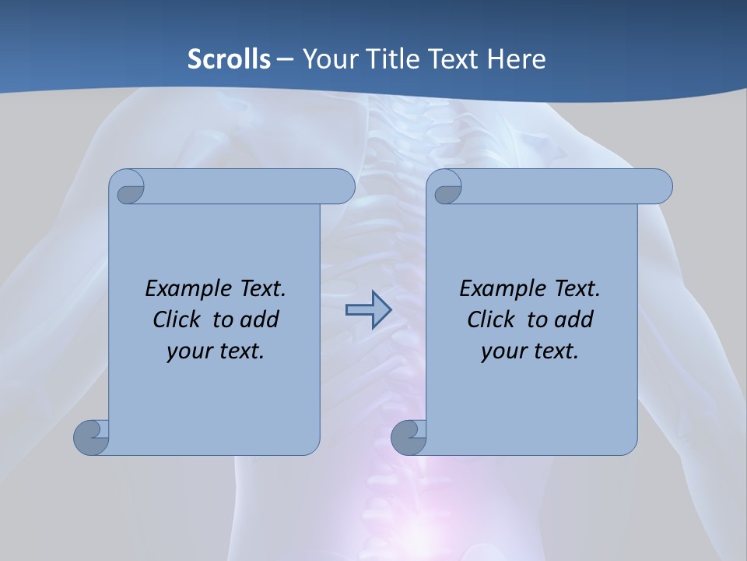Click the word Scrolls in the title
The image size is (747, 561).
[x=229, y=58]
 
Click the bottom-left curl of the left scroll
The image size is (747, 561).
[x=92, y=436]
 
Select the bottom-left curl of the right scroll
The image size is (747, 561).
[x=409, y=436]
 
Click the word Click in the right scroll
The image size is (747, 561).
[x=490, y=319]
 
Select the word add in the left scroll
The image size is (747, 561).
[x=260, y=319]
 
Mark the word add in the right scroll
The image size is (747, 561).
[x=574, y=319]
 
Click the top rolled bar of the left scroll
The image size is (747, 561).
[x=241, y=186]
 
